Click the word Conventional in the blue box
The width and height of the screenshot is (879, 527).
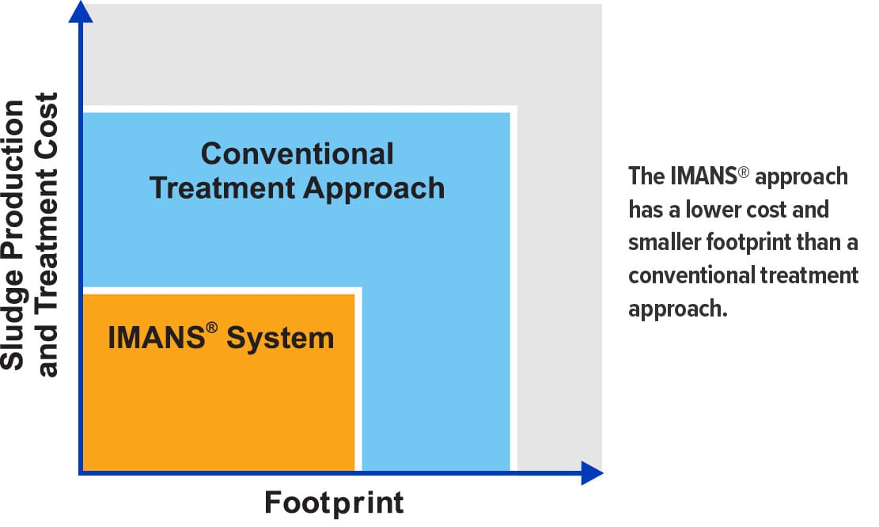coord(297,154)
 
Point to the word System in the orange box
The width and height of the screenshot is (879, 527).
coord(280,339)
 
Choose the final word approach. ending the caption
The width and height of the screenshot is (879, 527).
coord(677,309)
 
